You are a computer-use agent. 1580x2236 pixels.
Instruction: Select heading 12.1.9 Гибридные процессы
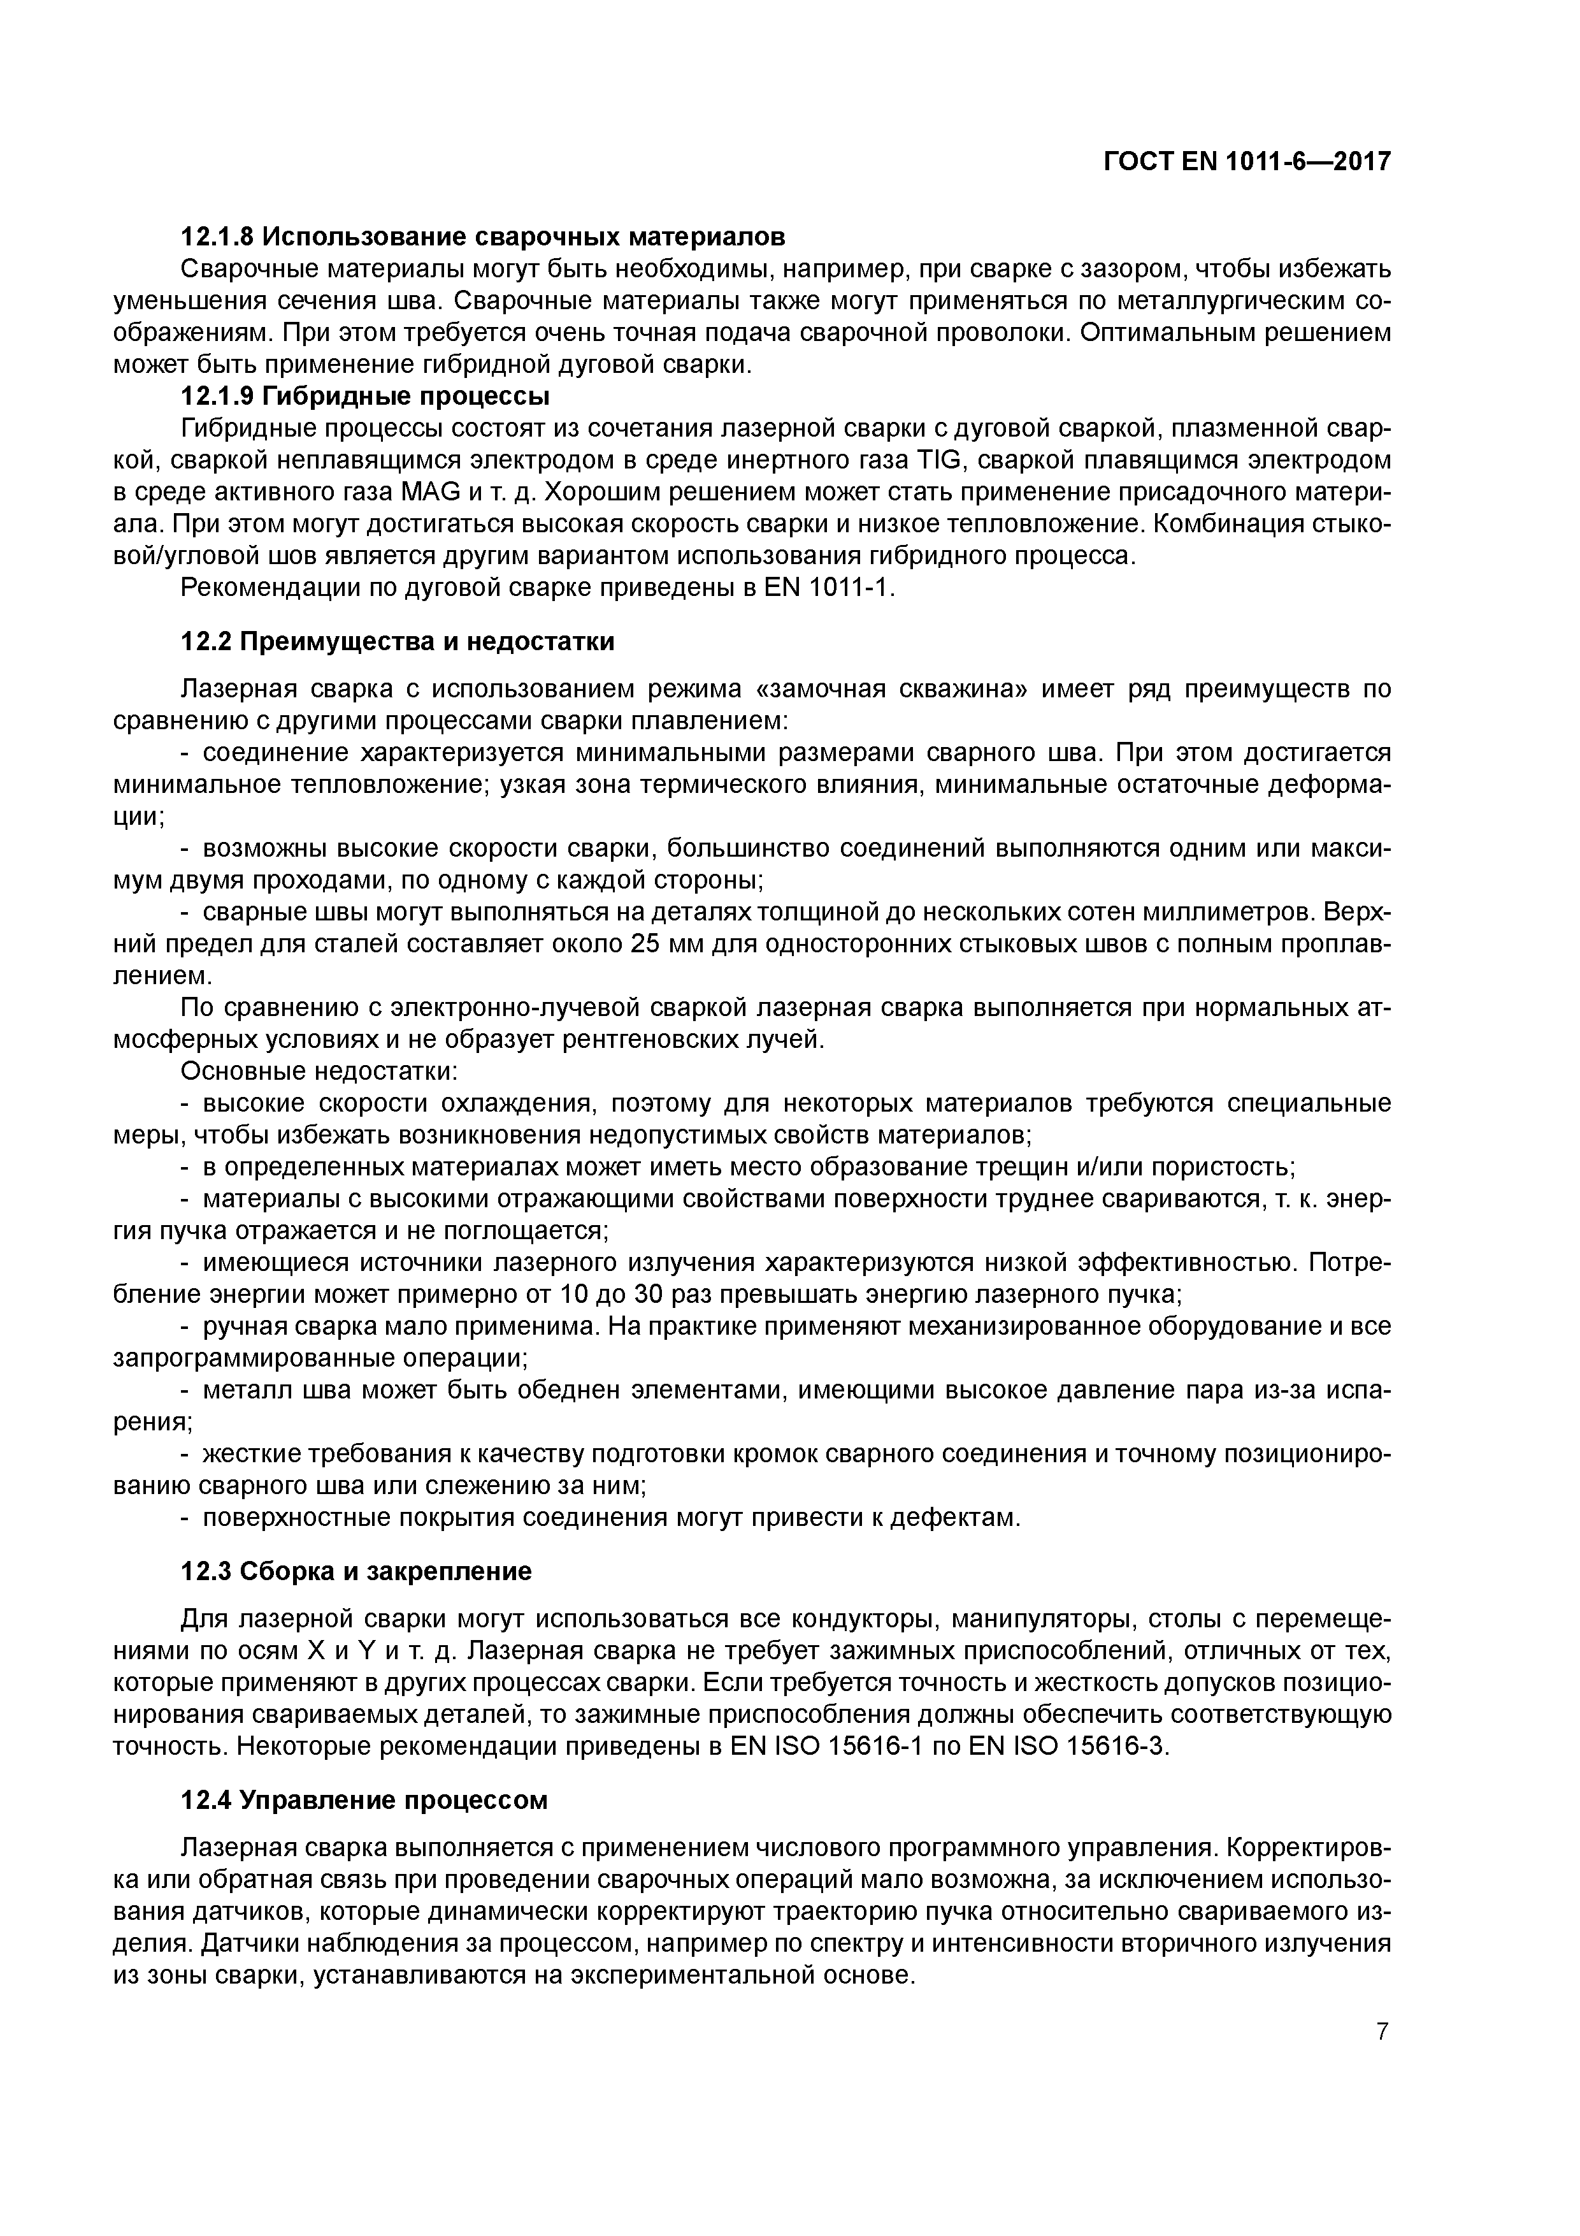[x=365, y=396]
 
